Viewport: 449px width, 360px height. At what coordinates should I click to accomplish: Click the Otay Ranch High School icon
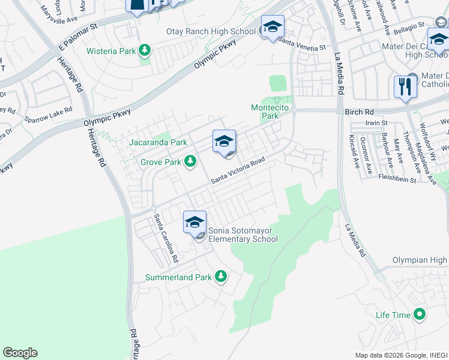coord(273,27)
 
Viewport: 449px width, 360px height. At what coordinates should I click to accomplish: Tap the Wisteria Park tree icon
coord(144,50)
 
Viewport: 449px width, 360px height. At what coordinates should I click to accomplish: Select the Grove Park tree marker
coord(190,161)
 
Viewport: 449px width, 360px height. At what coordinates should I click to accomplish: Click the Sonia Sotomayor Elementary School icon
coord(194,222)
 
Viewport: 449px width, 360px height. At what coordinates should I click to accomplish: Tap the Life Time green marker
coord(420,314)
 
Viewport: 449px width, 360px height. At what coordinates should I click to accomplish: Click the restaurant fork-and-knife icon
coord(405,86)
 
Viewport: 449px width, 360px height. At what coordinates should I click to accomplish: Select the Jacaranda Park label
coord(158,142)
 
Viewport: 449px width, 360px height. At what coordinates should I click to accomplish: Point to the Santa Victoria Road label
coord(237,171)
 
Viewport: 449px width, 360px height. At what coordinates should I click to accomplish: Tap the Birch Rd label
coord(360,112)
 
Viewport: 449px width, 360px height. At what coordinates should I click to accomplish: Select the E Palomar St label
coord(77,37)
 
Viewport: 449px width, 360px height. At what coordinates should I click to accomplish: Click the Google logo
coord(20,353)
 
